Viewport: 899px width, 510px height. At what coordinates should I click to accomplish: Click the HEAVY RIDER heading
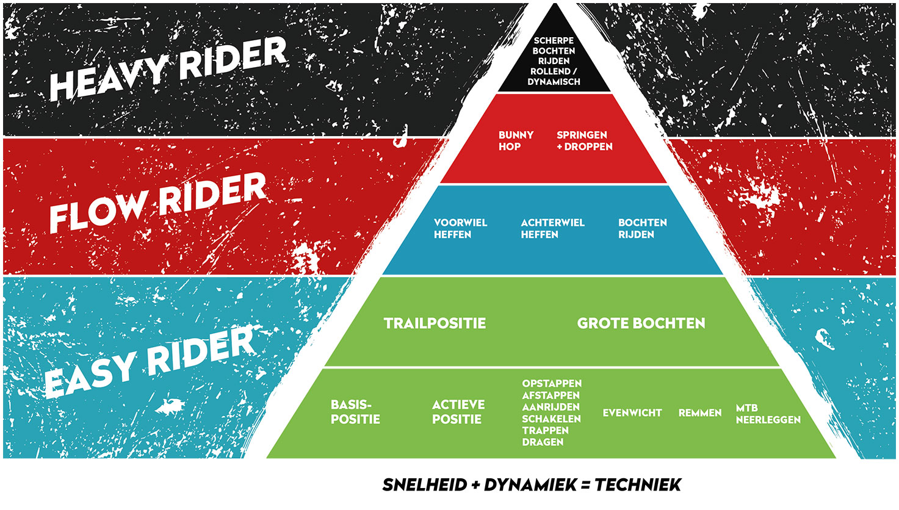168,69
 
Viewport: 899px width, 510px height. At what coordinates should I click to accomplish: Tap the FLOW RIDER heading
157,203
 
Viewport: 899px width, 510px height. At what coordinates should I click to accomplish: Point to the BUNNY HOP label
516,141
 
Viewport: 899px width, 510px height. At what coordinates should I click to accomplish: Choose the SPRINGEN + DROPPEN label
584,141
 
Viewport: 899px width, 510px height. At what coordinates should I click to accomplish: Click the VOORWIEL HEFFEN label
460,228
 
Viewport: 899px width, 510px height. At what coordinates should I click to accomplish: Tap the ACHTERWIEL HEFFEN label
552,228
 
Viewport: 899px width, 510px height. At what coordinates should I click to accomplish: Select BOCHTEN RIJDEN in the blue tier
642,228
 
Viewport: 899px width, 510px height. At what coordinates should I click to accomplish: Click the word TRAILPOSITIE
435,323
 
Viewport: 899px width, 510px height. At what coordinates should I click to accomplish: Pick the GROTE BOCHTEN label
641,323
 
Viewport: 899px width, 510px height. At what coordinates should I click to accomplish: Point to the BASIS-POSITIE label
355,412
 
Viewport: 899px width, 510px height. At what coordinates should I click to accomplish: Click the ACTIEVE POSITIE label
458,412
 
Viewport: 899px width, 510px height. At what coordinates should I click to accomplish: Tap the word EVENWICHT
632,413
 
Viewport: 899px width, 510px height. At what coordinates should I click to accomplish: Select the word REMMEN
700,413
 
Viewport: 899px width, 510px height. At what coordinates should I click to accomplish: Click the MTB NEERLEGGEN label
768,414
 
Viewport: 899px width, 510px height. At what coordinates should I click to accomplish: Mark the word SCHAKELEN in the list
551,419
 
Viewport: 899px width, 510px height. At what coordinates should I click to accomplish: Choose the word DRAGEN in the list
543,442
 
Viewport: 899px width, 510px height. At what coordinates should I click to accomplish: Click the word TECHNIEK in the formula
638,485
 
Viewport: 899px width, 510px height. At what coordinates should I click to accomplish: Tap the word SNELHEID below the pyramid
425,485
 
